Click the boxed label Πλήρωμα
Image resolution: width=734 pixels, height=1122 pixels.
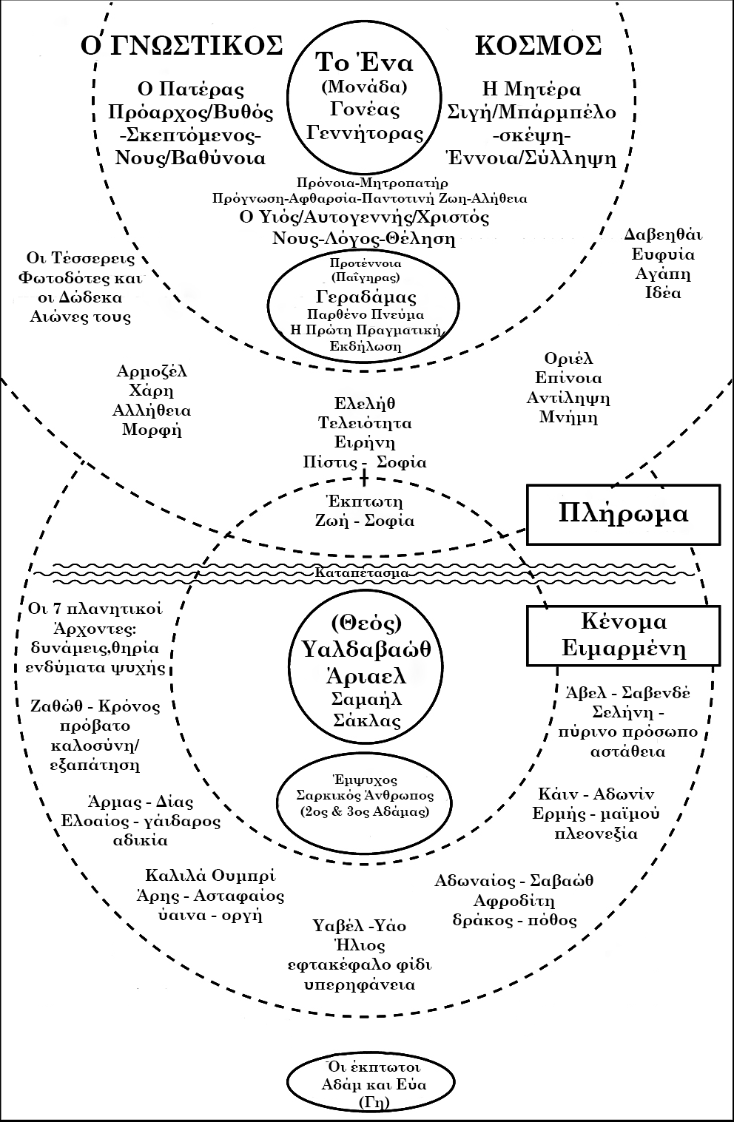click(623, 513)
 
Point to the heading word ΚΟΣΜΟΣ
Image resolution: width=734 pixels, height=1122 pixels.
click(537, 45)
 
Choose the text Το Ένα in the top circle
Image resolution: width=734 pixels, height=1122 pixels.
click(364, 61)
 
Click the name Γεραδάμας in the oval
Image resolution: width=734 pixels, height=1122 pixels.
click(366, 297)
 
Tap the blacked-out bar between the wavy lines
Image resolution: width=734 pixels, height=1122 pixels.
click(360, 572)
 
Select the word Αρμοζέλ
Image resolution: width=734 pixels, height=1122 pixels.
click(152, 371)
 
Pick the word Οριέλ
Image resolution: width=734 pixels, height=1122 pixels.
click(568, 359)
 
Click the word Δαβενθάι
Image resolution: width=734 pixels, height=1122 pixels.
click(663, 235)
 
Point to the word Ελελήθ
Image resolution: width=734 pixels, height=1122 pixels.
click(365, 403)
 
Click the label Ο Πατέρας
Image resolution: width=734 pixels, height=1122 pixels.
click(191, 89)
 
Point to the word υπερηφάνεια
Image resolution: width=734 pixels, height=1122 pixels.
click(360, 984)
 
